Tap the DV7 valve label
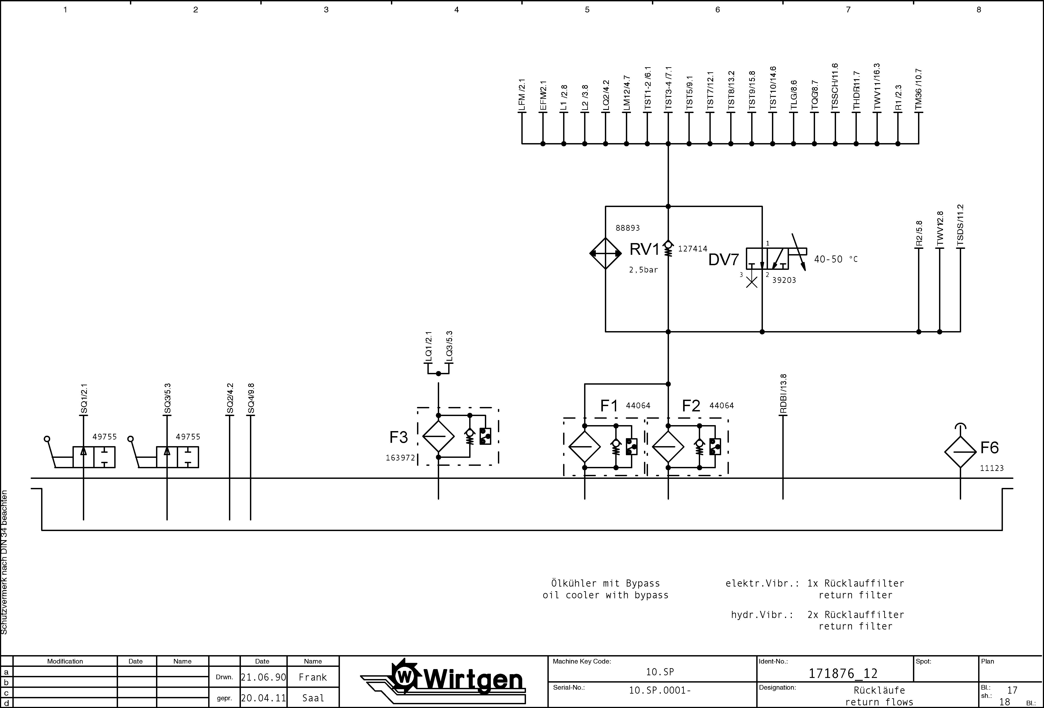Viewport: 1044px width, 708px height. click(723, 260)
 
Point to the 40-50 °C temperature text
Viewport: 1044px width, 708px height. click(836, 259)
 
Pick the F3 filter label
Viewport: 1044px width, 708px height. click(398, 437)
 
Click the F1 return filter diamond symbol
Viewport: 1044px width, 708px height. click(585, 446)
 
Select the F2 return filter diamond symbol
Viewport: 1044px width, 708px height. click(668, 446)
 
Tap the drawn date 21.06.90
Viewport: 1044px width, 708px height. click(263, 677)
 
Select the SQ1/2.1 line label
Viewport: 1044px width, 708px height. click(84, 399)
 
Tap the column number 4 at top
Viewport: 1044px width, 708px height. click(456, 10)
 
